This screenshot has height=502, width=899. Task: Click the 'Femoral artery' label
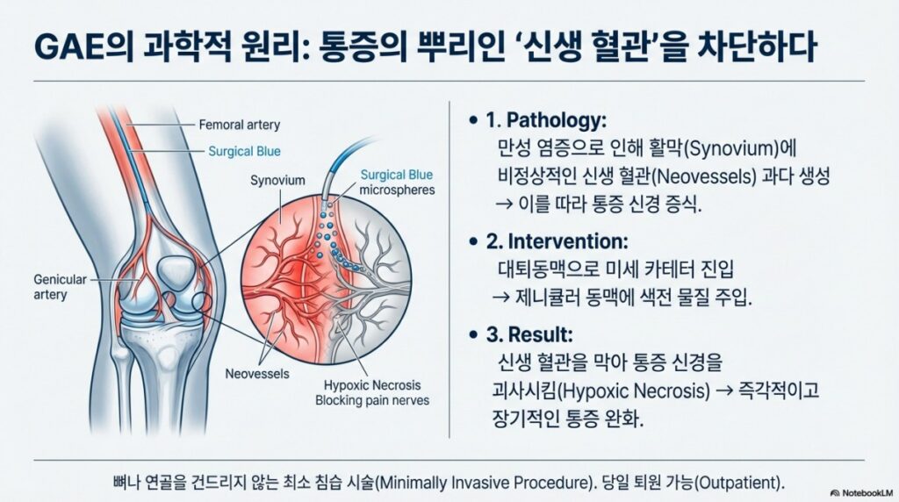pos(239,125)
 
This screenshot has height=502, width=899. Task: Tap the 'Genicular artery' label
pos(60,287)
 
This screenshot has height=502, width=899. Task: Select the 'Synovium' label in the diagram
pos(277,181)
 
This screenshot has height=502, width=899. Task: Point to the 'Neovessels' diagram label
pos(257,374)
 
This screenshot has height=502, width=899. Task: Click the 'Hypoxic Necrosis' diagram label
pos(372,385)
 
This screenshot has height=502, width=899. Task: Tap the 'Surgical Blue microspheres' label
pos(397,183)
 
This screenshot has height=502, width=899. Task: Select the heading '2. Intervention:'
pos(557,241)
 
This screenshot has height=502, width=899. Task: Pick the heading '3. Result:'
pos(529,334)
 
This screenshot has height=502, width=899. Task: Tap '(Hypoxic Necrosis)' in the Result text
pos(634,391)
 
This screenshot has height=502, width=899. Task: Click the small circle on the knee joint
pos(201,302)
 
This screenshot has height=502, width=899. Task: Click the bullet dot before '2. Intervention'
pos(473,242)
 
